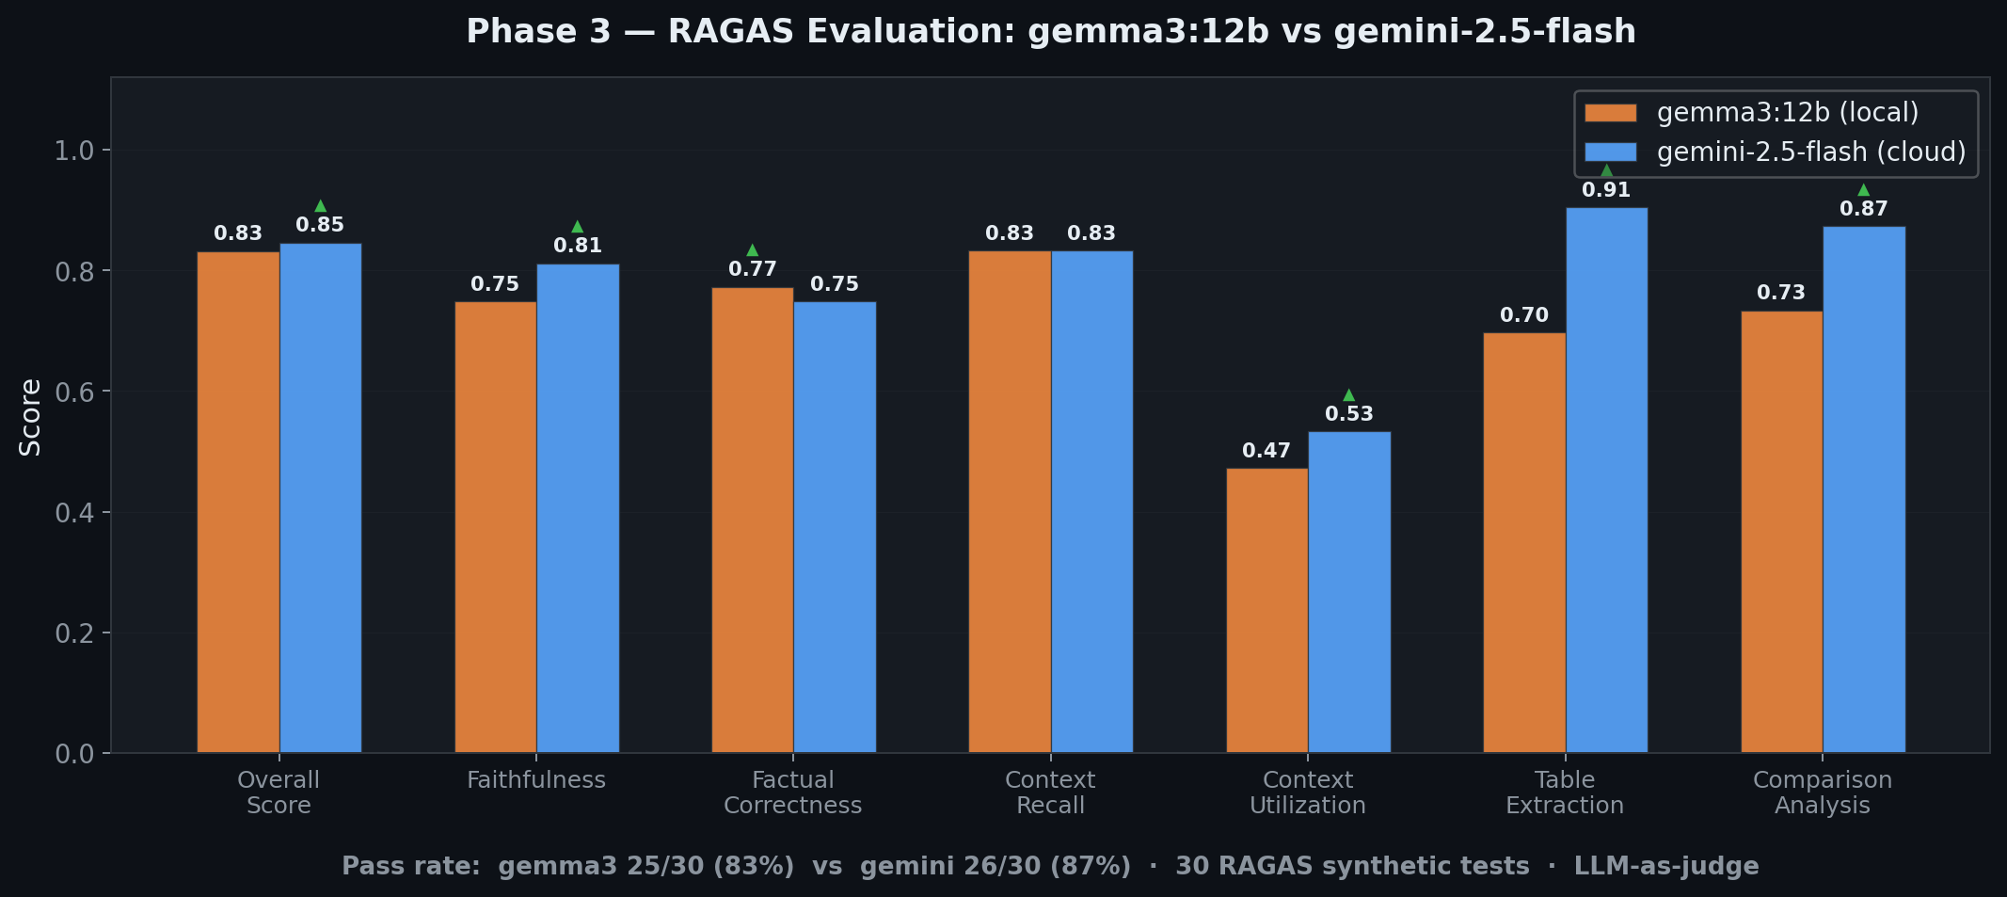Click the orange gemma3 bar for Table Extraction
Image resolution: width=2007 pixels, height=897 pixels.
click(x=1524, y=542)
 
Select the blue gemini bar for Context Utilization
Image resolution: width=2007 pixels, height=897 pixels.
click(x=1349, y=592)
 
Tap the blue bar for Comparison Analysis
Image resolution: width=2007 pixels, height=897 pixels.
click(x=1864, y=489)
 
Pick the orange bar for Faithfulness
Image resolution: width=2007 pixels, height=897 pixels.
click(x=495, y=527)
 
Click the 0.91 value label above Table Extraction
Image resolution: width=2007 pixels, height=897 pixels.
click(x=1606, y=190)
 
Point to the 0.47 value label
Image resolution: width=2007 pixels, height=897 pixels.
click(x=1266, y=451)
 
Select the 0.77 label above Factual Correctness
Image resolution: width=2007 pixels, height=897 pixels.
click(x=753, y=269)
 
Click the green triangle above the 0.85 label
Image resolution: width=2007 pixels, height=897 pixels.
click(x=320, y=205)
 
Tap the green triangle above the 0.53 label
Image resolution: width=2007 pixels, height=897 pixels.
click(x=1348, y=394)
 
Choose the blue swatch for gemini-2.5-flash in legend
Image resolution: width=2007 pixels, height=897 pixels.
click(x=1611, y=152)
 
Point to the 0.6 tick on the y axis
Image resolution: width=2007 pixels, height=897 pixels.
click(x=74, y=392)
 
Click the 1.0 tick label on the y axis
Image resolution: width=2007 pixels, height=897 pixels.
click(x=74, y=151)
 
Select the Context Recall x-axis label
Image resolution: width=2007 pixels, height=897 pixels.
click(x=1050, y=793)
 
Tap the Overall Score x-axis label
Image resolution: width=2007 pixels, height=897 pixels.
click(x=279, y=793)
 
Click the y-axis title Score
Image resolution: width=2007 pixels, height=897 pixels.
click(x=30, y=417)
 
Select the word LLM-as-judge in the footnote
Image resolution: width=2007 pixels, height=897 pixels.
click(x=1666, y=866)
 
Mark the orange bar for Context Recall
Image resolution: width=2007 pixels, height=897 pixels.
click(x=1010, y=502)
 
